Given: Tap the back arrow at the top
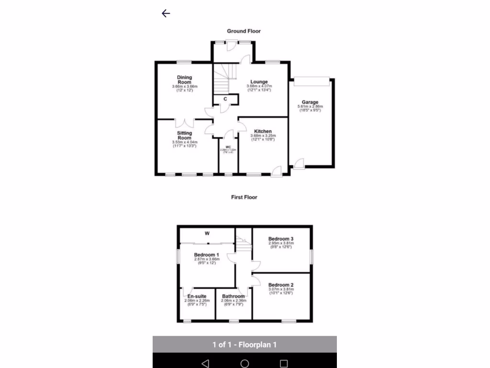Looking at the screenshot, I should [166, 13].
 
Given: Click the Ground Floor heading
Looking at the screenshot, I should [244, 31].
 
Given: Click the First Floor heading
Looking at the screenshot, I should [245, 197].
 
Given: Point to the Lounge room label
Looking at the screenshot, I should [259, 82].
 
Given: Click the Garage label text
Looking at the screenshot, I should [310, 103].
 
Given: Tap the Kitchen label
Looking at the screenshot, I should [263, 132].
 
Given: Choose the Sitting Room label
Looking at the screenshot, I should [184, 136].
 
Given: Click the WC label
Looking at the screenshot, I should [228, 147].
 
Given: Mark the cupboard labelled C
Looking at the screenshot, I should [225, 99].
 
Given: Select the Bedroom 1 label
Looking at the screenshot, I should [206, 255].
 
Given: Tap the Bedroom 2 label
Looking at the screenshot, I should [280, 285].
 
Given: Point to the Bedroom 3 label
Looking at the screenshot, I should [280, 239].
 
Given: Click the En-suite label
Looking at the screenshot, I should [197, 297].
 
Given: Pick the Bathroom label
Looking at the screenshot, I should [233, 297].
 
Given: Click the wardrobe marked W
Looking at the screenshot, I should [207, 234].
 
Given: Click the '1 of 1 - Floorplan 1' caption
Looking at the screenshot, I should [245, 345].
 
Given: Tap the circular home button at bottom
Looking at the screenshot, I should [245, 363].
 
